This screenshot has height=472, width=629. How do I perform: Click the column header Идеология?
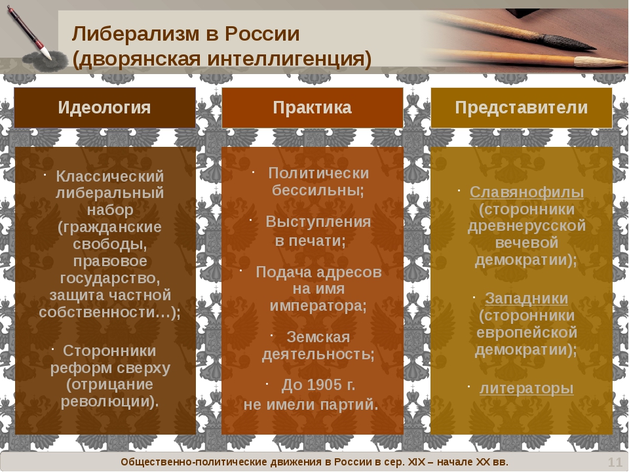click(105, 108)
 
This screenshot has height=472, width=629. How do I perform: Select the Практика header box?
click(313, 108)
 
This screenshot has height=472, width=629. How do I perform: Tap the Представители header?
click(522, 108)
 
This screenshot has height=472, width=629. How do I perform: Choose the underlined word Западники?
click(527, 298)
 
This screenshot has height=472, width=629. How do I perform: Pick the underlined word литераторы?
click(527, 388)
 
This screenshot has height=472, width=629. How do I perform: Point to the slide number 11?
click(615, 463)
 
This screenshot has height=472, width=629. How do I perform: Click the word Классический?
click(110, 176)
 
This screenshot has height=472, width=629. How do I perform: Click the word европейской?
click(527, 332)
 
